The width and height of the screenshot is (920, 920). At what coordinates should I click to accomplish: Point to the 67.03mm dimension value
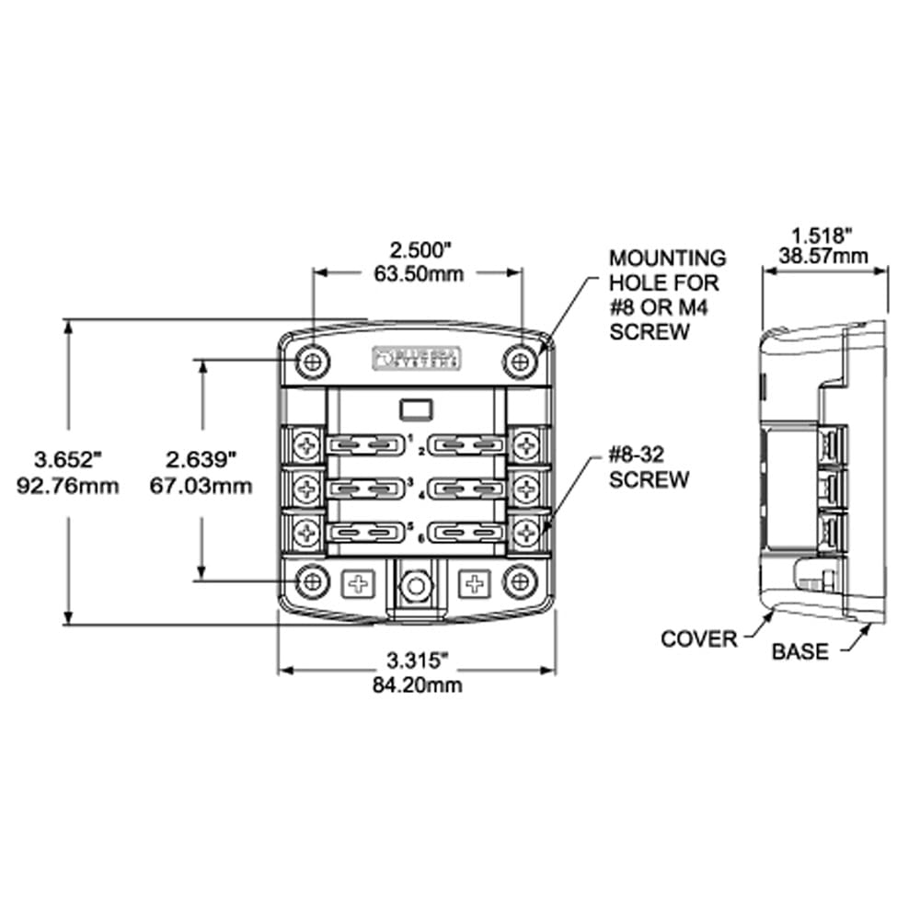pyautogui.click(x=201, y=485)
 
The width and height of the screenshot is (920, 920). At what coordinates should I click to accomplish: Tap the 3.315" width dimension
pyautogui.click(x=416, y=659)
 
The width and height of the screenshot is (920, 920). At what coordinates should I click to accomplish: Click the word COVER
pyautogui.click(x=699, y=638)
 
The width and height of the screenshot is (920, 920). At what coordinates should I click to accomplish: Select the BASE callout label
pyautogui.click(x=799, y=651)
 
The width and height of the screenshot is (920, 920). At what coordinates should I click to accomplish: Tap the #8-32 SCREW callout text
pyautogui.click(x=649, y=467)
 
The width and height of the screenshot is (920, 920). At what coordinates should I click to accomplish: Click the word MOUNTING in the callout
pyautogui.click(x=667, y=259)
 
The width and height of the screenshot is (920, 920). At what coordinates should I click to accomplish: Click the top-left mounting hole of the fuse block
pyautogui.click(x=314, y=361)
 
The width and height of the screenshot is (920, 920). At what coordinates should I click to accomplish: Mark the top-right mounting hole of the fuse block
pyautogui.click(x=521, y=361)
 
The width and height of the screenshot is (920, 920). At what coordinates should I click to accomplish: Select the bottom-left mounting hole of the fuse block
pyautogui.click(x=314, y=581)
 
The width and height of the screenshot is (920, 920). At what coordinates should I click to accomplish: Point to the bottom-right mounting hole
pyautogui.click(x=521, y=581)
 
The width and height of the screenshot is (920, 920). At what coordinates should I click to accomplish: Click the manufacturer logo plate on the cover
pyautogui.click(x=417, y=358)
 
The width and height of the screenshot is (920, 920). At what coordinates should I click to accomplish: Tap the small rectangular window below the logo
pyautogui.click(x=417, y=407)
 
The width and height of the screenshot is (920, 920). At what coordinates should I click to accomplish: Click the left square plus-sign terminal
pyautogui.click(x=357, y=582)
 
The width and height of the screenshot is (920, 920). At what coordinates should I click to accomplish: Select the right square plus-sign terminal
pyautogui.click(x=474, y=582)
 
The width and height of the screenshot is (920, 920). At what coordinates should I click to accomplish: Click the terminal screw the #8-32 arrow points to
pyautogui.click(x=526, y=530)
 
